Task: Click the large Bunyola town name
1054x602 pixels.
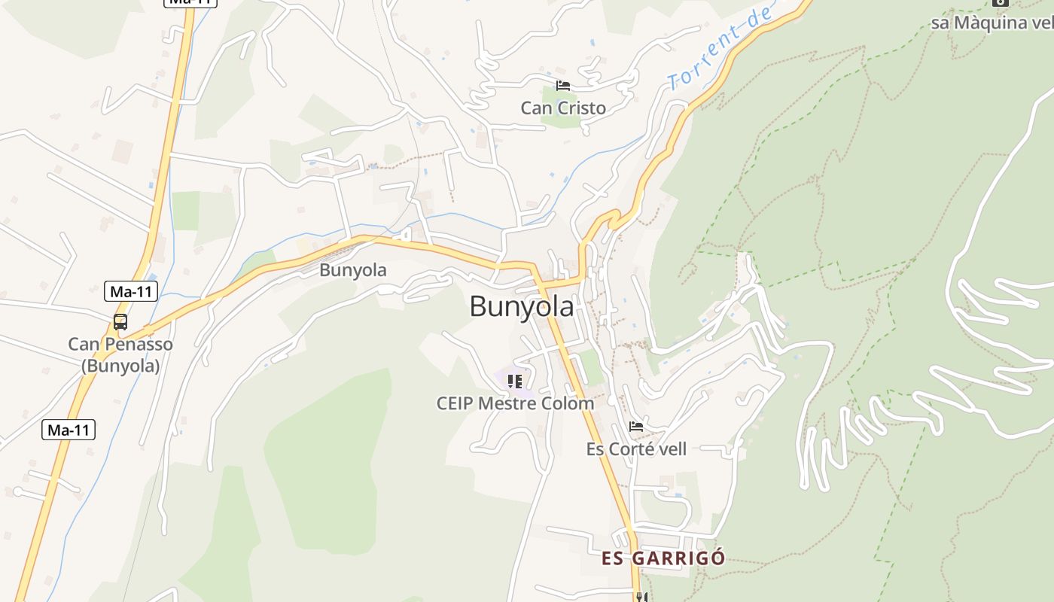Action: click(521, 306)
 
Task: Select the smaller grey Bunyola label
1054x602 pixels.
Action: click(353, 270)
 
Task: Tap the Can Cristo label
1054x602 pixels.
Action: click(563, 108)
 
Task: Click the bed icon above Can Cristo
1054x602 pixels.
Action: click(563, 85)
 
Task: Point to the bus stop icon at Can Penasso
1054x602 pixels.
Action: click(120, 322)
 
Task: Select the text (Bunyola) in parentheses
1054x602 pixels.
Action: click(120, 366)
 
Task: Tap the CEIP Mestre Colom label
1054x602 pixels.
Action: click(515, 403)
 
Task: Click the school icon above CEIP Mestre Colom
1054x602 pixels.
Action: click(515, 381)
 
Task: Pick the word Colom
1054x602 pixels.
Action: click(567, 403)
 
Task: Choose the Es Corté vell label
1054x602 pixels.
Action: click(636, 449)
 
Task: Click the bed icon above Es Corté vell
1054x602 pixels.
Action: click(636, 427)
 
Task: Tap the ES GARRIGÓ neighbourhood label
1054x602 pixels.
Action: click(663, 558)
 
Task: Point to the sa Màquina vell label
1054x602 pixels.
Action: click(990, 23)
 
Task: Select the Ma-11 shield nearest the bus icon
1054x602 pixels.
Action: click(130, 291)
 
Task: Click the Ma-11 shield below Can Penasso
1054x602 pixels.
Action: click(68, 430)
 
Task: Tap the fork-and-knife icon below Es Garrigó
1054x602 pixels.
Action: click(641, 597)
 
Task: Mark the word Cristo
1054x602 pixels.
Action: click(582, 108)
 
